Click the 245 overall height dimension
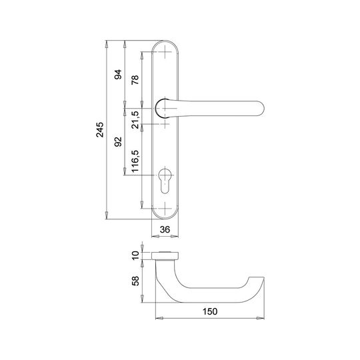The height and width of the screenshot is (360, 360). tap(100, 130)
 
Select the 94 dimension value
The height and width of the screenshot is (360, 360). tap(118, 75)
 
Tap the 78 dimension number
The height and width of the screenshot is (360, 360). tap(135, 80)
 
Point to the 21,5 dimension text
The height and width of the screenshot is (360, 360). tap(135, 119)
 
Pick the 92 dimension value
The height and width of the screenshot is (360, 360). tap(118, 141)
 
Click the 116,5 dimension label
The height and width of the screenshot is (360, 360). tap(135, 161)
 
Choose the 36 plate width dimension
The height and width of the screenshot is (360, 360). tap(165, 229)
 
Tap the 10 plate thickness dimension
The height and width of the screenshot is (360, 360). tap(135, 255)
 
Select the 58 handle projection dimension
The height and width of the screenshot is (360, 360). tap(135, 281)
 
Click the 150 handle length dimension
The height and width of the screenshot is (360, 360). tap(209, 311)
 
